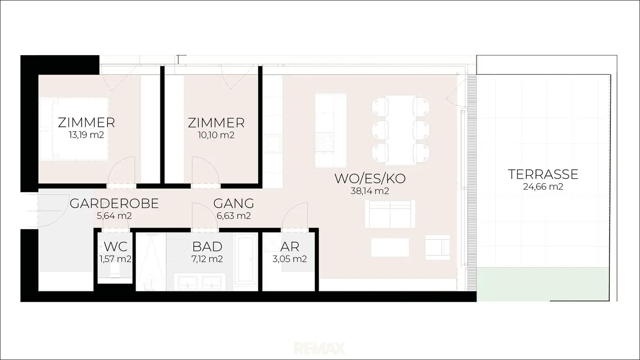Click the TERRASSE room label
pyautogui.click(x=543, y=174)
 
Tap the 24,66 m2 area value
pyautogui.click(x=543, y=187)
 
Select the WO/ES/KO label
pyautogui.click(x=370, y=179)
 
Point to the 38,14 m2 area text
pyautogui.click(x=370, y=191)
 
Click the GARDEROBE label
pyautogui.click(x=114, y=204)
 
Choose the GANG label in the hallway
pyautogui.click(x=234, y=204)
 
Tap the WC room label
pyautogui.click(x=116, y=247)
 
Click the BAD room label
pyautogui.click(x=207, y=247)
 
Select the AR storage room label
pyautogui.click(x=290, y=247)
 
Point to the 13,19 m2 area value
pyautogui.click(x=86, y=135)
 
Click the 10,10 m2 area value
pyautogui.click(x=216, y=135)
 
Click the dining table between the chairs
pyautogui.click(x=400, y=130)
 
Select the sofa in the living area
pyautogui.click(x=390, y=214)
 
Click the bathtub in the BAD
pyautogui.click(x=246, y=259)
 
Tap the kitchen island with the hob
pyautogui.click(x=331, y=130)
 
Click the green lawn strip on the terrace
pyautogui.click(x=543, y=284)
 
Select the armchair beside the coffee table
pyautogui.click(x=438, y=248)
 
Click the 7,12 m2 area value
pyautogui.click(x=207, y=259)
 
